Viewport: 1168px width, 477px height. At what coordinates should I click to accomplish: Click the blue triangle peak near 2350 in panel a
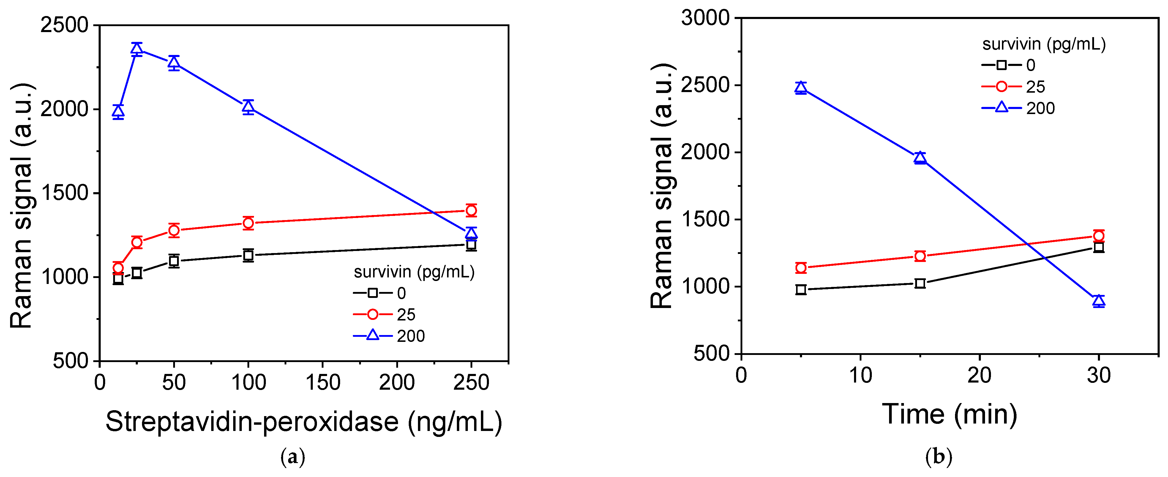point(137,49)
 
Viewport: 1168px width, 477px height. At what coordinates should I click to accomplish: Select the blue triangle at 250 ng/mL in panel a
point(471,233)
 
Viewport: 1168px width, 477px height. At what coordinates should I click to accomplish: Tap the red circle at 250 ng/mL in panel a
point(471,210)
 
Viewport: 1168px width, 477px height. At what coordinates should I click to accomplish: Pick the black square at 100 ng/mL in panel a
point(248,255)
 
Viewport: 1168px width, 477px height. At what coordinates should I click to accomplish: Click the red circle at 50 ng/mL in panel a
point(174,230)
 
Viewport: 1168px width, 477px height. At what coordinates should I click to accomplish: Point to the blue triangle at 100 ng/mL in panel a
point(248,107)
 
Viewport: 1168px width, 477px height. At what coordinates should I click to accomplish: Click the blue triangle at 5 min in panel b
point(801,88)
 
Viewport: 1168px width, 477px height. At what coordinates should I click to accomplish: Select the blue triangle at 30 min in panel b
point(1098,301)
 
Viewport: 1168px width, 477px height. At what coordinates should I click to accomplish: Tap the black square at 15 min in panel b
point(920,283)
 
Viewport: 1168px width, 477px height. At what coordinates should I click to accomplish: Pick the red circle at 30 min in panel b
point(1098,236)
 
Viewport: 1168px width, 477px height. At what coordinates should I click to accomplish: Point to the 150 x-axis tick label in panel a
point(322,382)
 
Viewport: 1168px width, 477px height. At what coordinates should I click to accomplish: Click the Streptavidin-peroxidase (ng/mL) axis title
point(304,422)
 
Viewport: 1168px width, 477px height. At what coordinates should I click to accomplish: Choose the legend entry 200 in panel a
point(410,336)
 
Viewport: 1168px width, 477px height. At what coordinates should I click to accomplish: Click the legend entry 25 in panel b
point(1035,87)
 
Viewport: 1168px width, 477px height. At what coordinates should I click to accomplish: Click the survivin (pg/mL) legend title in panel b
point(1044,44)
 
